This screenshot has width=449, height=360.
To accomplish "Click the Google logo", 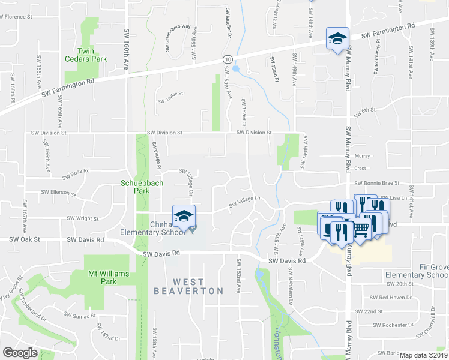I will click(x=20, y=353).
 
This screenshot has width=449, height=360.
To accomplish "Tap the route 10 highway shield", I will click(x=227, y=59).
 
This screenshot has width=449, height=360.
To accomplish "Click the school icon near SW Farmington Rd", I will click(x=337, y=38).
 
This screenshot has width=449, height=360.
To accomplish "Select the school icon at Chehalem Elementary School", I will click(x=184, y=216).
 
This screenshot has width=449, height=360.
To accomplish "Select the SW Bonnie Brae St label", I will click(x=376, y=184).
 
